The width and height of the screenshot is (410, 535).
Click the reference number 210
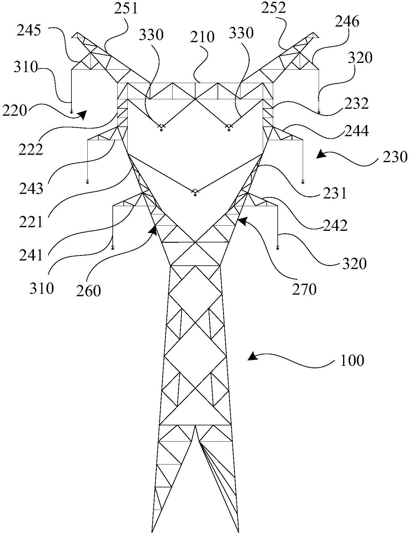[x=202, y=37]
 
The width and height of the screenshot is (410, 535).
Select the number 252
[x=273, y=8]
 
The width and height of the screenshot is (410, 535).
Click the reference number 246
[x=347, y=22]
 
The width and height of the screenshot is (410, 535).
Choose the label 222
[x=31, y=149]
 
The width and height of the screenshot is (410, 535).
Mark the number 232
[x=357, y=104]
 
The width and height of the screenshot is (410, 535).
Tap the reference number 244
[x=357, y=131]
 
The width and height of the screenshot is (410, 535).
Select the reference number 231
[x=335, y=193]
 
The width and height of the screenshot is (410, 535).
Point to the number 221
[x=31, y=222]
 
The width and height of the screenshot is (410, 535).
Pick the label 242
[x=335, y=225]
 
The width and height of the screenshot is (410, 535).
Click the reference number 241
[x=31, y=255]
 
